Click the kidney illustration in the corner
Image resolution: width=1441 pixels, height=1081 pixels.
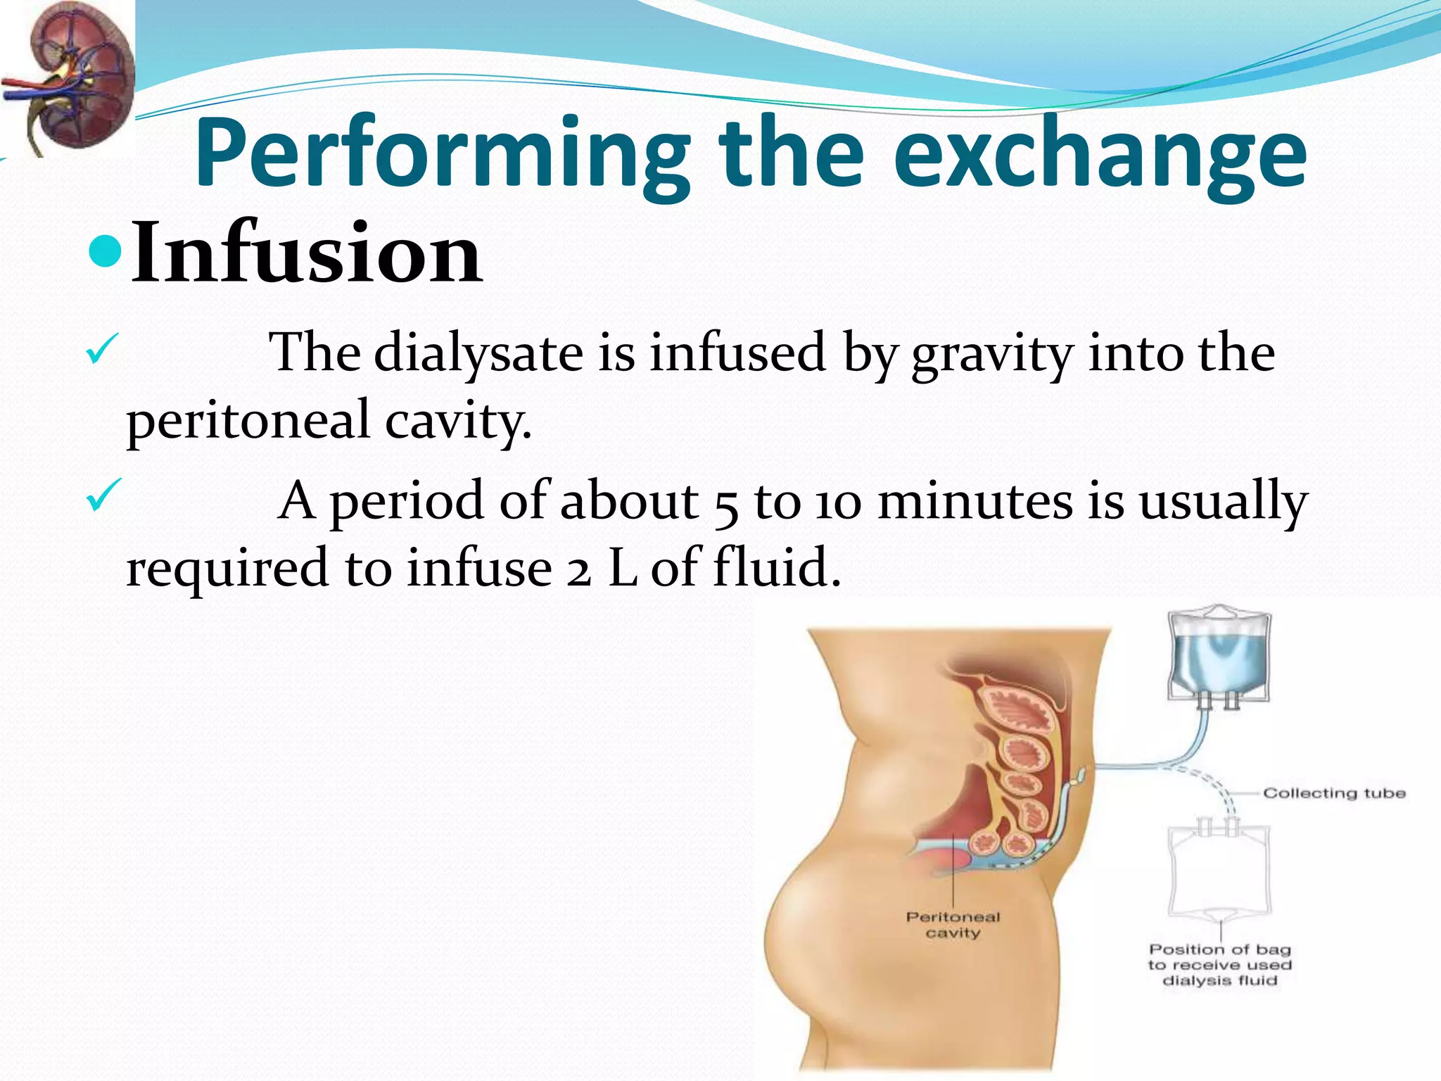pos(67,77)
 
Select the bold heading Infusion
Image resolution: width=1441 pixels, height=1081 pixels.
pos(306,253)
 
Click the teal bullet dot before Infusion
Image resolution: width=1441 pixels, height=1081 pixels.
pos(106,251)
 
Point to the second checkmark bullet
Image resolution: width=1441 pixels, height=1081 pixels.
pos(103,497)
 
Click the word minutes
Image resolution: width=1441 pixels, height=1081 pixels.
pos(975,501)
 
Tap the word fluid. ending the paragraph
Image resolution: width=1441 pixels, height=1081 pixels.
pos(777,567)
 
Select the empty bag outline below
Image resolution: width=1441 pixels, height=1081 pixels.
pos(1219,873)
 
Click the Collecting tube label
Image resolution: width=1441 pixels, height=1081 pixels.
pos(1334,793)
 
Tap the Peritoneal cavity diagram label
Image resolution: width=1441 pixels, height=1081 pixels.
pos(953,925)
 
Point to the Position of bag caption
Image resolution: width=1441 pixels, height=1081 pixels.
pos(1219,965)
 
